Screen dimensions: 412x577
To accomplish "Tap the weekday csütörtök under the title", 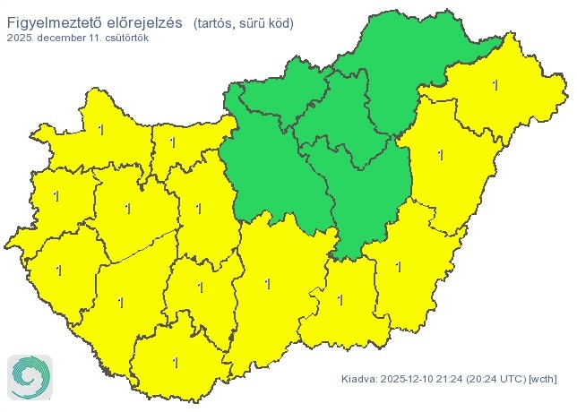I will pyautogui.click(x=125, y=39).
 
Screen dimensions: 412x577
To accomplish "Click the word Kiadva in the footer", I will pyautogui.click(x=359, y=380).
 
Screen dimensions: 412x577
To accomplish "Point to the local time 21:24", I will pyautogui.click(x=456, y=380).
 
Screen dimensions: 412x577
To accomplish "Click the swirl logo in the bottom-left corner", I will pyautogui.click(x=30, y=376).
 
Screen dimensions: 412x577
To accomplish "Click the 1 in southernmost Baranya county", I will pyautogui.click(x=175, y=363).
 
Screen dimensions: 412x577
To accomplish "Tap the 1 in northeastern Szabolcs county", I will pyautogui.click(x=495, y=85).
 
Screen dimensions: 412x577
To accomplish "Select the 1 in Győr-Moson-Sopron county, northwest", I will pyautogui.click(x=99, y=131).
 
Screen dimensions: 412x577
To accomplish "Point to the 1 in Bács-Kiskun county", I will pyautogui.click(x=267, y=284).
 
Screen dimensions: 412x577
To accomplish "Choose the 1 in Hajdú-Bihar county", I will pyautogui.click(x=439, y=155).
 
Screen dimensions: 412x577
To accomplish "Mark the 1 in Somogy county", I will pyautogui.click(x=120, y=302).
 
